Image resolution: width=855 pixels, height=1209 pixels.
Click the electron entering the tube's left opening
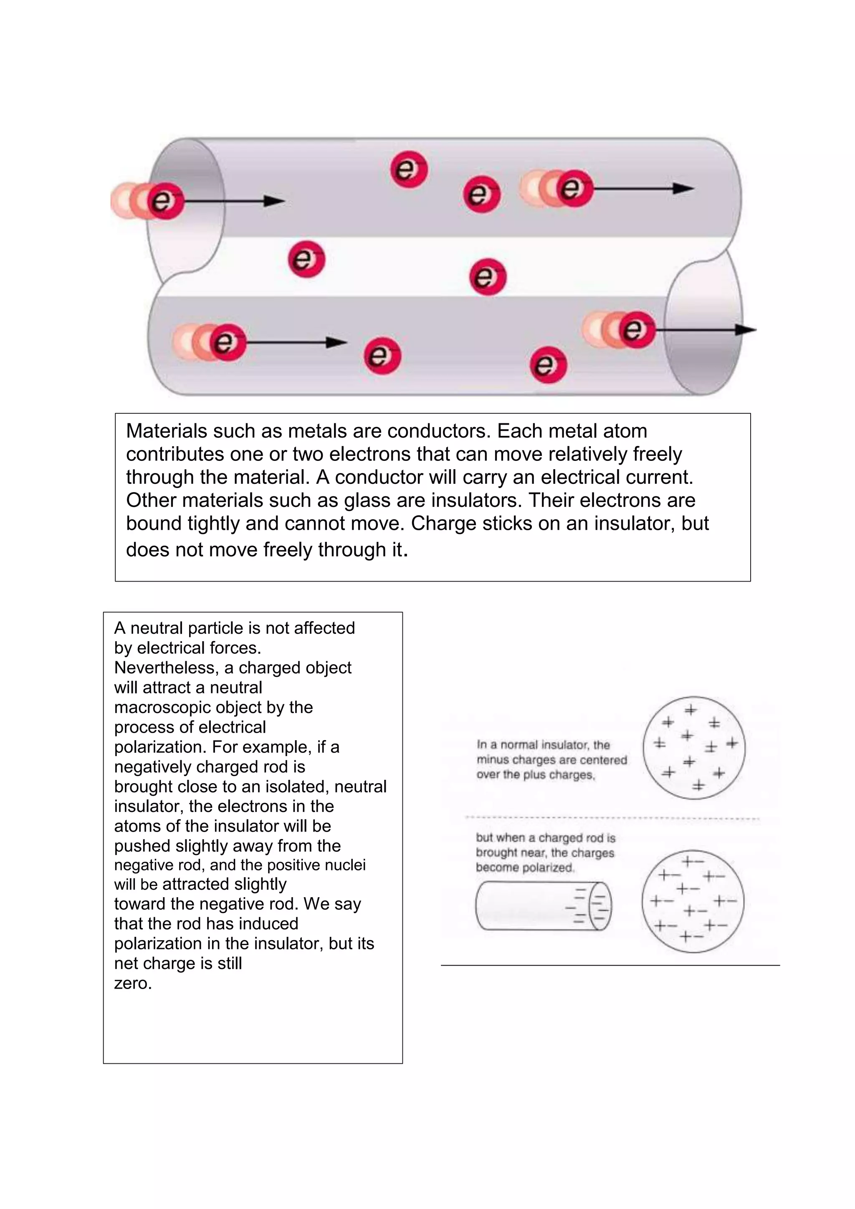click(165, 201)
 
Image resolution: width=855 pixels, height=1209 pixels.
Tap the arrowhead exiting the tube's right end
click(746, 330)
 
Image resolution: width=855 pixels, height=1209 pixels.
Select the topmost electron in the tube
click(409, 169)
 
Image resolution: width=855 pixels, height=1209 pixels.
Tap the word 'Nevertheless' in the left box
click(167, 668)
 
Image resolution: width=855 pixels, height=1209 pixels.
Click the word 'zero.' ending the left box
click(133, 983)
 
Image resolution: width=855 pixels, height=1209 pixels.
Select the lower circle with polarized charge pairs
click(692, 901)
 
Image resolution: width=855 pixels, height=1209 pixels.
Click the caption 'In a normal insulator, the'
click(543, 745)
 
